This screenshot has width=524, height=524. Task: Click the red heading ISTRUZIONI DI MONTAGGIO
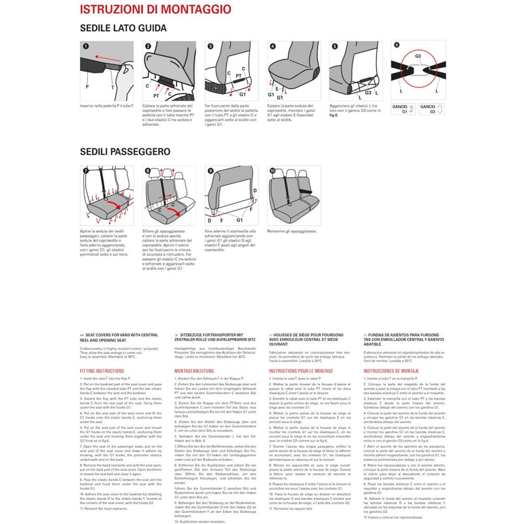coord(155,9)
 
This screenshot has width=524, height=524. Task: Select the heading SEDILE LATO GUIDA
coord(123,28)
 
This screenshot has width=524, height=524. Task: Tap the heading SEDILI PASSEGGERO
coord(125,152)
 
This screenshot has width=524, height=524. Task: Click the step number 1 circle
coord(86,46)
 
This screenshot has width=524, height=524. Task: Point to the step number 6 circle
coord(397,45)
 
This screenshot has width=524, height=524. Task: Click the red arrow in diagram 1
coord(108,58)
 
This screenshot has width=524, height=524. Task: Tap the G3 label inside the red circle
coord(418,56)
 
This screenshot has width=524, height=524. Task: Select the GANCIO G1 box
coord(403,109)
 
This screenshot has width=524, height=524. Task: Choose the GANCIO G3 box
coord(432,109)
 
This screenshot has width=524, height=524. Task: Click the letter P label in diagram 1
coord(87,87)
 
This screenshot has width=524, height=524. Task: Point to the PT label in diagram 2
coord(156,96)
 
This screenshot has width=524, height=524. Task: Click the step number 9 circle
coord(210,171)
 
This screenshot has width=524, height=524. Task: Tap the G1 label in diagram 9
coord(240,220)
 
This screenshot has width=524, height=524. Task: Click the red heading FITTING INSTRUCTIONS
coord(102,371)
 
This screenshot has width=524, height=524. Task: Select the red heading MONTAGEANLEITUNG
coord(194,371)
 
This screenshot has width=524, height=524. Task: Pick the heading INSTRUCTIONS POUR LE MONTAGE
coord(301,371)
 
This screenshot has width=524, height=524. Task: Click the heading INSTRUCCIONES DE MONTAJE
coord(391,371)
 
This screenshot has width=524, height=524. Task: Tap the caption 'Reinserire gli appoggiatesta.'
coord(292,231)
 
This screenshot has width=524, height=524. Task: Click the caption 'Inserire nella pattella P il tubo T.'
coord(107,106)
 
